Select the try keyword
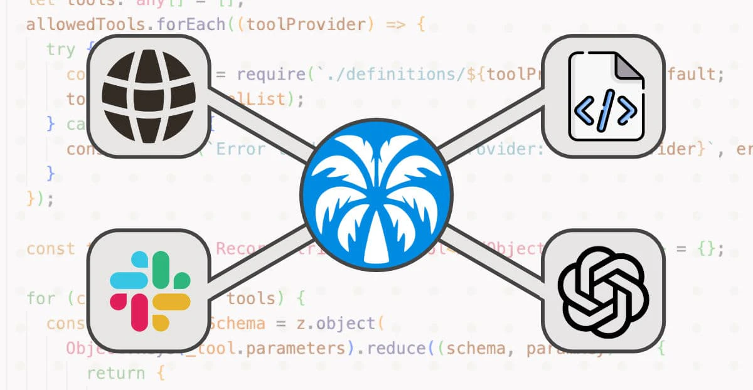pos(61,50)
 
